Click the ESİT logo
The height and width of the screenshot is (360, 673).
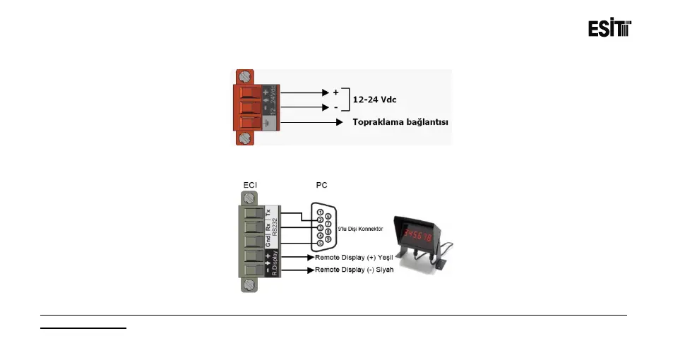[609, 28]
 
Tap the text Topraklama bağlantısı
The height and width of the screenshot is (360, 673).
[401, 122]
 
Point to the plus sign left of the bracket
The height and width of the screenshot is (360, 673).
[335, 92]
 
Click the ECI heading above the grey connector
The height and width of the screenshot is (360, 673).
[250, 185]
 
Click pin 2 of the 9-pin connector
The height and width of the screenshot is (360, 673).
[320, 220]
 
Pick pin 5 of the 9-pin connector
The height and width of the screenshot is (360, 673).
[320, 244]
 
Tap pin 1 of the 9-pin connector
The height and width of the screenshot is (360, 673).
[320, 212]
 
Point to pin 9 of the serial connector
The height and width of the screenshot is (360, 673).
[328, 239]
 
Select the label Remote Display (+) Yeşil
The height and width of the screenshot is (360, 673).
[354, 256]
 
